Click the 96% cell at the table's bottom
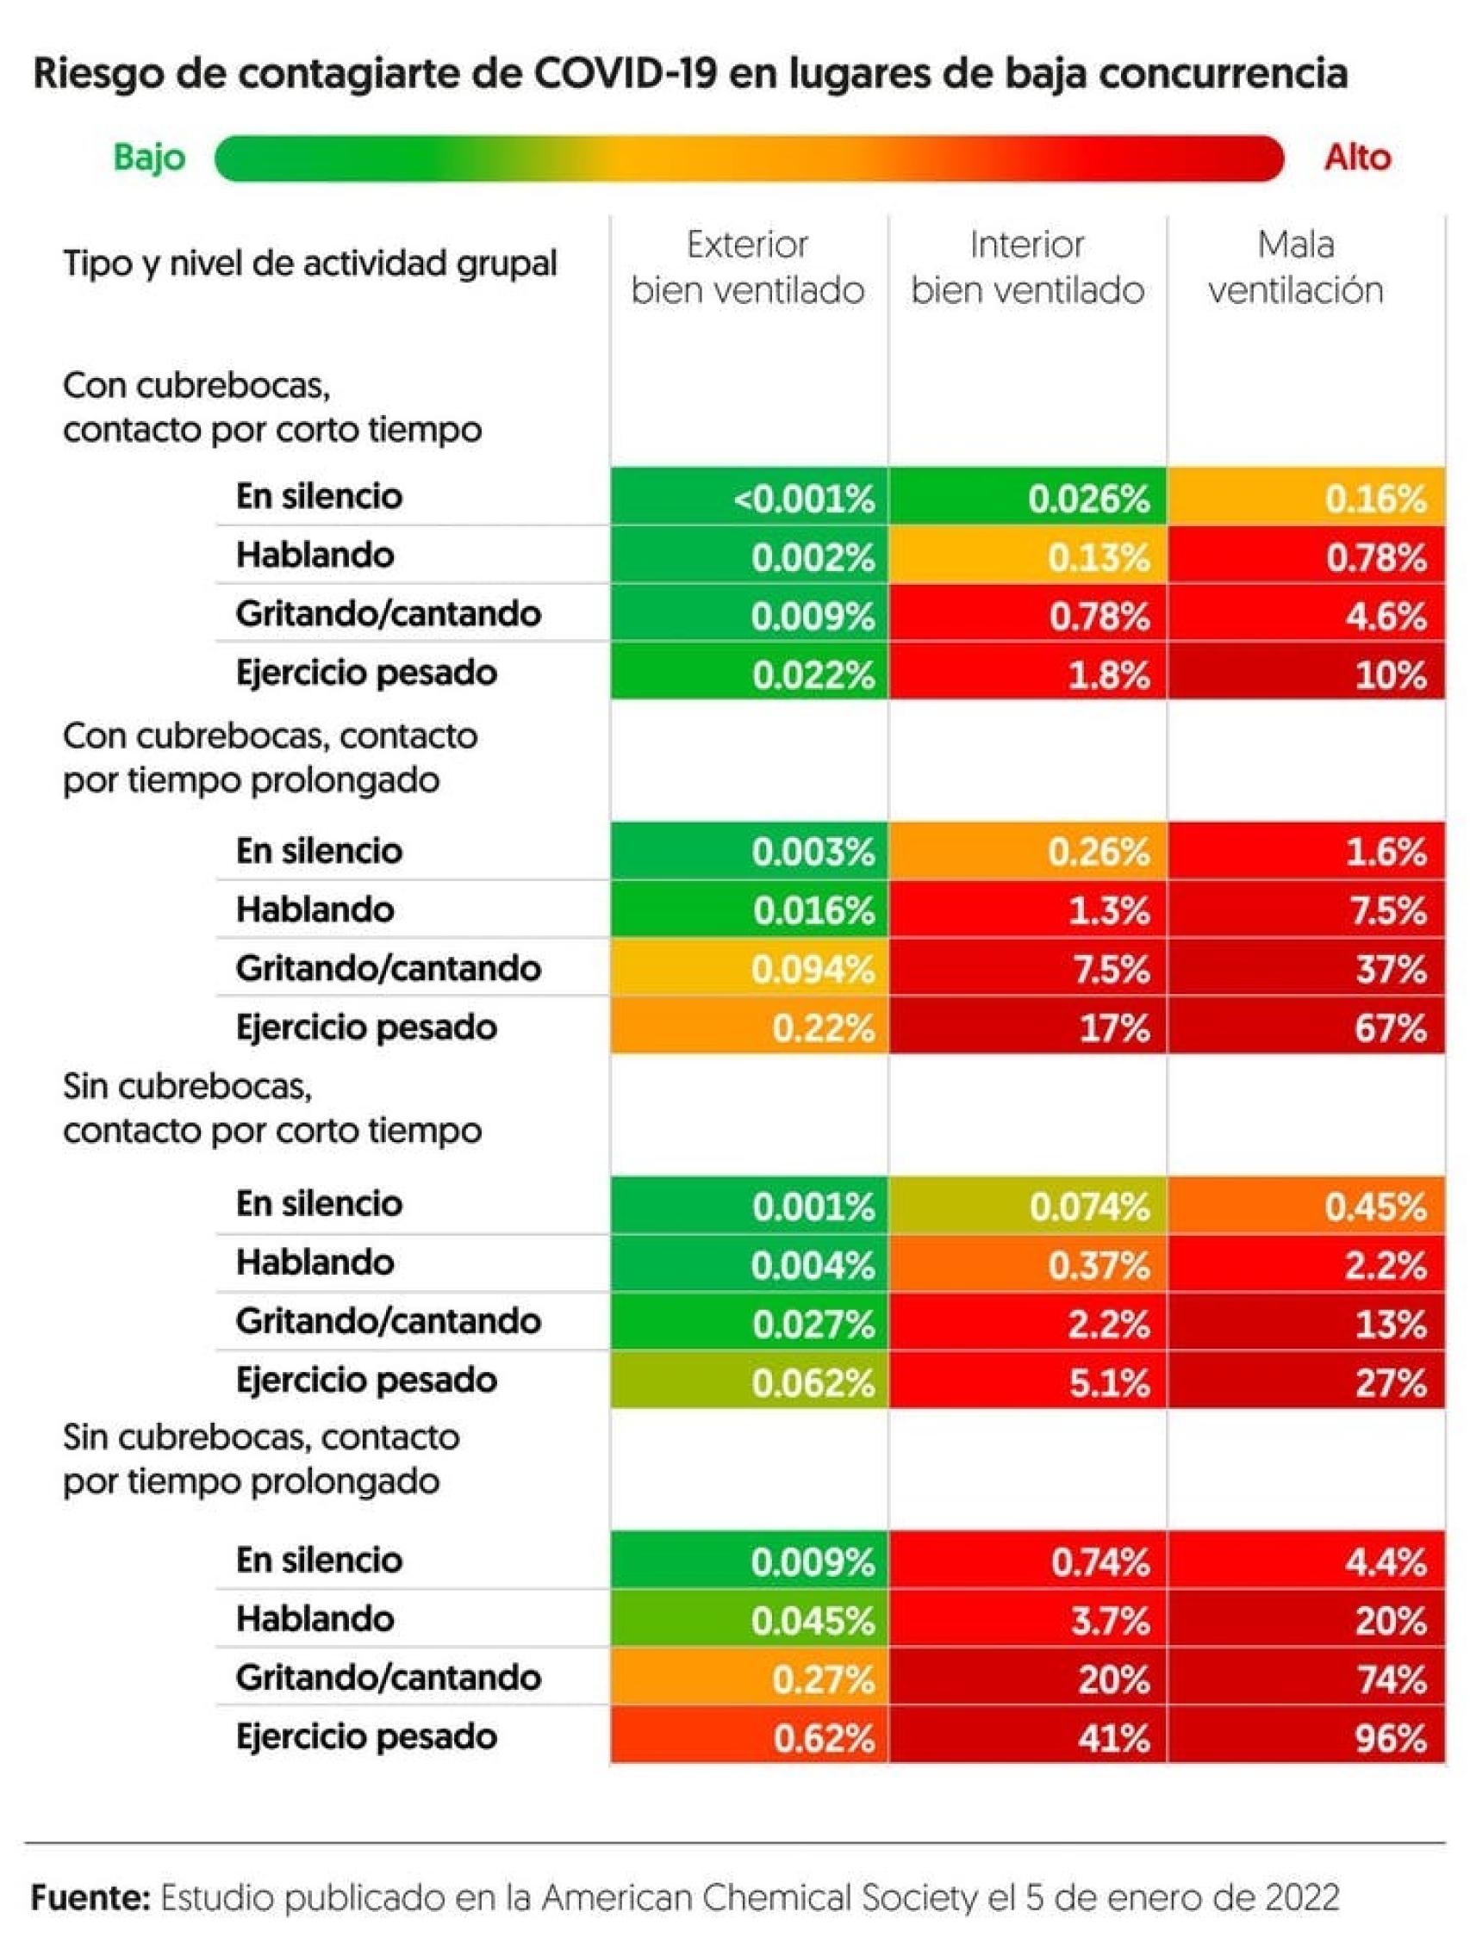pyautogui.click(x=1305, y=1737)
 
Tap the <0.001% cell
pyautogui.click(x=748, y=497)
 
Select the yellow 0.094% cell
pyautogui.click(x=748, y=968)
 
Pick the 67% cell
pyautogui.click(x=1305, y=1027)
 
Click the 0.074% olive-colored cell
pyautogui.click(x=1027, y=1206)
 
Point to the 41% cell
pyautogui.click(x=1027, y=1737)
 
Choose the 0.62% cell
pyautogui.click(x=748, y=1737)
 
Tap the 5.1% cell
pyautogui.click(x=1027, y=1382)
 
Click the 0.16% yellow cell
pyautogui.click(x=1305, y=497)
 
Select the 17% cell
pyautogui.click(x=1027, y=1027)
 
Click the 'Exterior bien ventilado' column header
pyautogui.click(x=747, y=267)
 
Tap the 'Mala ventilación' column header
pyautogui.click(x=1295, y=267)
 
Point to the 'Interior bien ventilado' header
pyautogui.click(x=1027, y=267)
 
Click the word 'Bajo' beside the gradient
pyautogui.click(x=150, y=158)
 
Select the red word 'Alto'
pyautogui.click(x=1357, y=158)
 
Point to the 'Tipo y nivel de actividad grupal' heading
pyautogui.click(x=309, y=264)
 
